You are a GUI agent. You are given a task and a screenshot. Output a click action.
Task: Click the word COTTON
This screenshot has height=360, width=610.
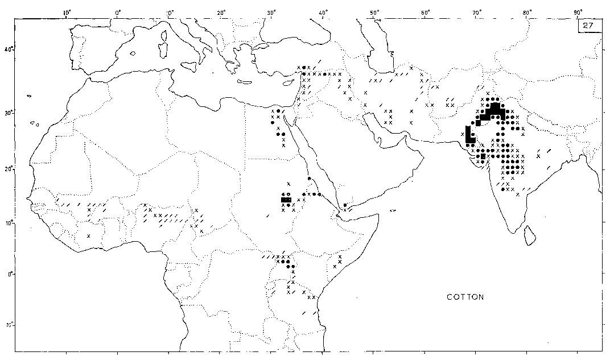(x=465, y=297)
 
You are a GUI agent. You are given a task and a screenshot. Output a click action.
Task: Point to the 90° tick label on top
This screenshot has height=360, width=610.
(x=578, y=12)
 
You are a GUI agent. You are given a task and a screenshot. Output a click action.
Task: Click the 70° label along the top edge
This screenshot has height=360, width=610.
(x=476, y=12)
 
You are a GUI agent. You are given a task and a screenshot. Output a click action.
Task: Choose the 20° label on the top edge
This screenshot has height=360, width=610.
(x=221, y=12)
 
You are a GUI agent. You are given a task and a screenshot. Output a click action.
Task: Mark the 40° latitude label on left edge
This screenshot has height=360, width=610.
(x=9, y=49)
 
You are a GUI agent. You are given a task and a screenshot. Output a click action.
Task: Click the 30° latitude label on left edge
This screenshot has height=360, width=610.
(x=9, y=113)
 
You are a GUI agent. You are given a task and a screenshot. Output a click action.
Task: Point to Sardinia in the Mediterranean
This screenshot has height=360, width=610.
(x=164, y=52)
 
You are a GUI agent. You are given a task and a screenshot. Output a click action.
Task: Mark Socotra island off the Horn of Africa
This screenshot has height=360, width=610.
(x=393, y=210)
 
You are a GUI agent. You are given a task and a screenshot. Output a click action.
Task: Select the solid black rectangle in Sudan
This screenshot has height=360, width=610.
(x=286, y=200)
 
